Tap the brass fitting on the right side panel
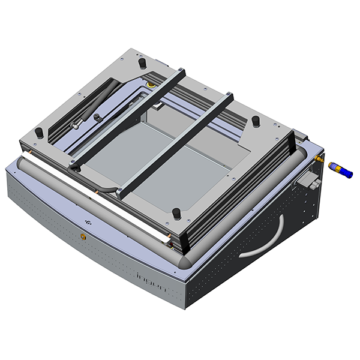tap(318, 159)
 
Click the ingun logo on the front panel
tap(154, 281)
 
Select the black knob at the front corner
tap(176, 212)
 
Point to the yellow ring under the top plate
tap(151, 85)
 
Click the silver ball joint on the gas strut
tap(76, 125)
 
